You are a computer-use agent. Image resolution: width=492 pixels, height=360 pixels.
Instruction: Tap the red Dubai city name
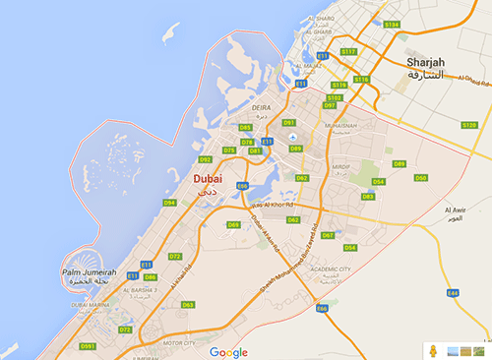(208, 179)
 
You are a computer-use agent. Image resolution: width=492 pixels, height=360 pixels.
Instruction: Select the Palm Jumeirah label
(90, 271)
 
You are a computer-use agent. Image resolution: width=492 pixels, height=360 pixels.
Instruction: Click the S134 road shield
(392, 24)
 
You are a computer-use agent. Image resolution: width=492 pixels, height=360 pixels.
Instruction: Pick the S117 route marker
(348, 51)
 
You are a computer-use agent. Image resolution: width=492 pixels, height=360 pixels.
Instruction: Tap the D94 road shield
(170, 203)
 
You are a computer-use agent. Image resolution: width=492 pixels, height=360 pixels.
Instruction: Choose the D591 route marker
(88, 346)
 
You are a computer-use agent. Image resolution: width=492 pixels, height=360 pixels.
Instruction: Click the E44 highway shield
(453, 292)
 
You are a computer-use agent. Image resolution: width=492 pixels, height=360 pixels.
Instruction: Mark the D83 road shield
(368, 197)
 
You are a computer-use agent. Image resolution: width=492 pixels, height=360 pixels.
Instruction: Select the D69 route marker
(233, 225)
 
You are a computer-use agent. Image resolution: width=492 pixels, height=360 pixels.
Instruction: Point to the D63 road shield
(188, 305)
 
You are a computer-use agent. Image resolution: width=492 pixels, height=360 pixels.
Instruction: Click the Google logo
(228, 351)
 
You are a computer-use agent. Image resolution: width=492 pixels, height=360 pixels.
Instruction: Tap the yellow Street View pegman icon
(431, 350)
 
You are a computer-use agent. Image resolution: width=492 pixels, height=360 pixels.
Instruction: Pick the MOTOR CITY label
(179, 343)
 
